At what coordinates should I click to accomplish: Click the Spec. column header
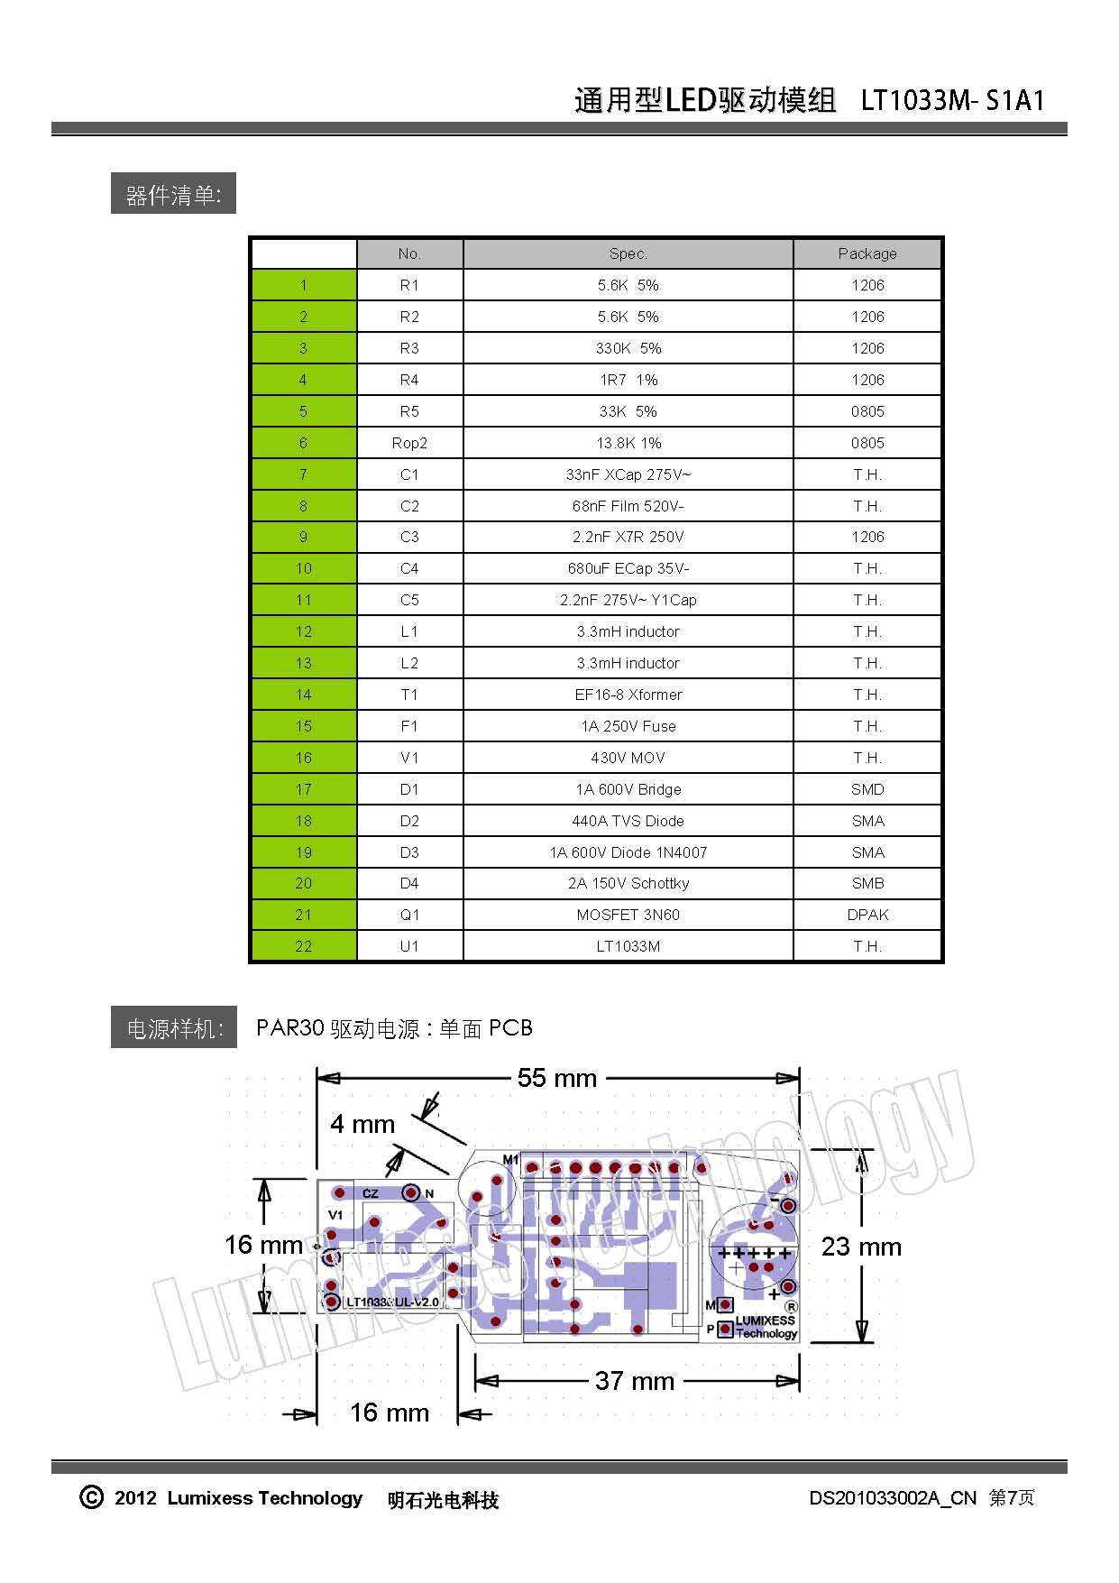[628, 253]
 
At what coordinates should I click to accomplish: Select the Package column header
[867, 253]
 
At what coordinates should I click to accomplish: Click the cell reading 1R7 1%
[628, 380]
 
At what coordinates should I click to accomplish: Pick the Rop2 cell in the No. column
[409, 443]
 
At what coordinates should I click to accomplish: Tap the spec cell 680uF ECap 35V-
[628, 568]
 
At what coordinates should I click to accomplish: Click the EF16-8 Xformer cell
[628, 695]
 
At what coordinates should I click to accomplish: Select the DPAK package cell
[867, 915]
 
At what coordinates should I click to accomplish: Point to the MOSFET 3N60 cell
[628, 915]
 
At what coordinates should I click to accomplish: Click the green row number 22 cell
[303, 946]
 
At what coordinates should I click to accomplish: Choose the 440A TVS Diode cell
[628, 821]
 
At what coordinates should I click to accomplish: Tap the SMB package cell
[867, 883]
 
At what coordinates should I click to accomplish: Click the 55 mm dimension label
[557, 1078]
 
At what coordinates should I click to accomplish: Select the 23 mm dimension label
[861, 1247]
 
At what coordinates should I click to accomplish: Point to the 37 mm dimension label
[635, 1381]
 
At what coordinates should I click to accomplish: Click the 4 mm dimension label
[362, 1124]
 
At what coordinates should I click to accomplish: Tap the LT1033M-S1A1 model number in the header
[952, 99]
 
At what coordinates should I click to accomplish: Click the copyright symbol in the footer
[91, 1497]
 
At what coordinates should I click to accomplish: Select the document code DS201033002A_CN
[892, 1498]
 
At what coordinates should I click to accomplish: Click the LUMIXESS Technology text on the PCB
[766, 1327]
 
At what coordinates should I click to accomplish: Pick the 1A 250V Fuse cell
[628, 726]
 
